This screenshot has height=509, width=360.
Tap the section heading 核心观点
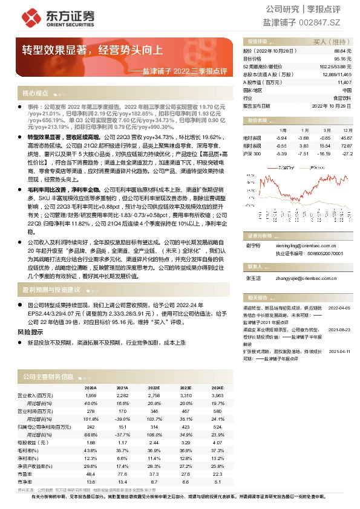click(35, 94)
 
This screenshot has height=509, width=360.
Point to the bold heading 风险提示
click(30, 332)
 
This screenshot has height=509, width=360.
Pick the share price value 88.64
click(344, 52)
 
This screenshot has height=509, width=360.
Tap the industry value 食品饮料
click(342, 97)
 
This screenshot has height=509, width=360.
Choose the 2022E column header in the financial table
click(154, 387)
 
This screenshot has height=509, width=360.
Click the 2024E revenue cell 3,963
click(217, 395)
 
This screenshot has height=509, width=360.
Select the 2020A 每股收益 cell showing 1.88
click(91, 443)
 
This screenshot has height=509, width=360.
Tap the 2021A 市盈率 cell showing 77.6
click(122, 474)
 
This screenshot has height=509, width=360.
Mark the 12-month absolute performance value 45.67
click(345, 138)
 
